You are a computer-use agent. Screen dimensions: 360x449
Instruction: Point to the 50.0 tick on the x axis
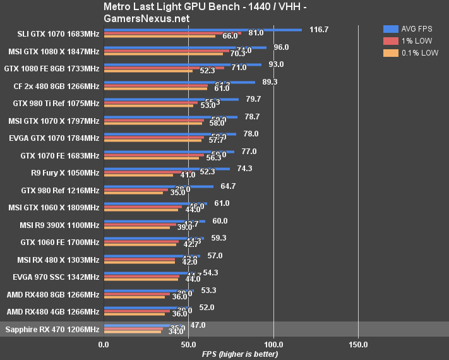tap(188, 344)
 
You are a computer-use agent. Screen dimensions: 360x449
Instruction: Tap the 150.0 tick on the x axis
tap(358, 344)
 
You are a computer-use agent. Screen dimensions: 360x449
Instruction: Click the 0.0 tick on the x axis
tap(104, 344)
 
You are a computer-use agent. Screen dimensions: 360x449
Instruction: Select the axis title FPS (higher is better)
tap(240, 354)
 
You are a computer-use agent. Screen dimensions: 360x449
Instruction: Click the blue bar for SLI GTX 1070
tap(203, 29)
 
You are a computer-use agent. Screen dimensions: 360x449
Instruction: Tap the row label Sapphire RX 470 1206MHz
tap(52, 329)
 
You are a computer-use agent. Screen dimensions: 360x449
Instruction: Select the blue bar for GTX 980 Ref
tap(159, 186)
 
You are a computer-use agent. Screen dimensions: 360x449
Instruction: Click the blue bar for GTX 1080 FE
tap(183, 64)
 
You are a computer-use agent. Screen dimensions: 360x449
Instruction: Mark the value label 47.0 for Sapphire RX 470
tap(198, 325)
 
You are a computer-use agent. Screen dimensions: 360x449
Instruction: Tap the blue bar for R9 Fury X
tap(167, 169)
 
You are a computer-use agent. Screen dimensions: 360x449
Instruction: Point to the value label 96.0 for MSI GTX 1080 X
tap(280, 47)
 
